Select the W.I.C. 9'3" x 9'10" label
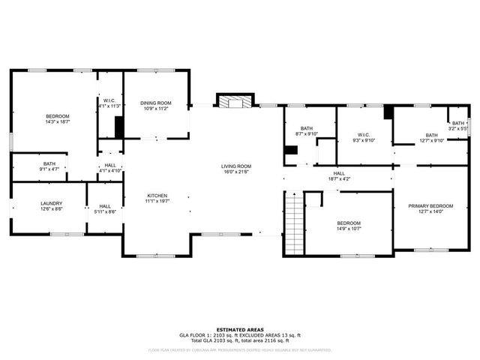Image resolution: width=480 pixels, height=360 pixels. tap(362, 137)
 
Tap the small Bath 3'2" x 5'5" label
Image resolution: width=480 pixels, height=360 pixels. tap(458, 126)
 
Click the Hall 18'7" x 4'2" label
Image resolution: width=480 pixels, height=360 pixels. tap(339, 176)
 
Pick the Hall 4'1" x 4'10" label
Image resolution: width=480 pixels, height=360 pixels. tap(110, 167)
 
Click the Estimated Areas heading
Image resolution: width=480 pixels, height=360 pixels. tap(239, 329)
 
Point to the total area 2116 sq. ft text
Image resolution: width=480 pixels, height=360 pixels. tap(277, 340)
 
